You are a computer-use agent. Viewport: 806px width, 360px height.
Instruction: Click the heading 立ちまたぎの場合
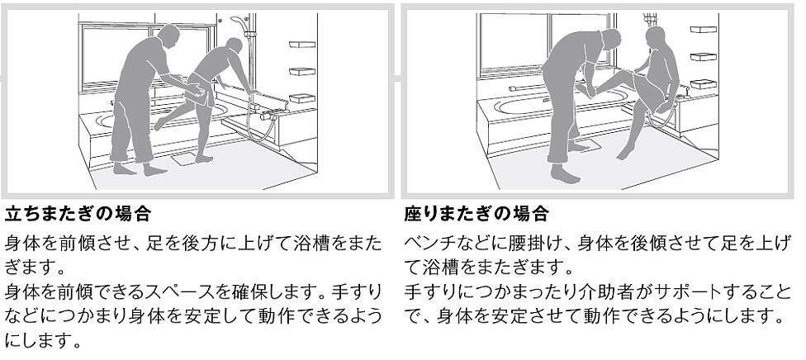tap(78, 215)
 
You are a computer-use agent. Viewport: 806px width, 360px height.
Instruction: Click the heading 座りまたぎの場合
tap(476, 215)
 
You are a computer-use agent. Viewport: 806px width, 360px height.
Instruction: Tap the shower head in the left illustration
tap(238, 20)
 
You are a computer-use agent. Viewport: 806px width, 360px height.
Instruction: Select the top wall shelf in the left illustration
tap(302, 44)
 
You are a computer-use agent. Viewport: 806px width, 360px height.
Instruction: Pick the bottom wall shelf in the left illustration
tap(302, 97)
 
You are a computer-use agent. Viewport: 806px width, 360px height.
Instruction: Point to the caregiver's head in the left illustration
tap(168, 36)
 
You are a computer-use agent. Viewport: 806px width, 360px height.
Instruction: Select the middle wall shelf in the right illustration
tap(701, 56)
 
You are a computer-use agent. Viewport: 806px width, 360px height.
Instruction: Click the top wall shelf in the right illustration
tap(701, 29)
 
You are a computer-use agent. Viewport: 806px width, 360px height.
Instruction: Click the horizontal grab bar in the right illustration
tap(529, 87)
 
